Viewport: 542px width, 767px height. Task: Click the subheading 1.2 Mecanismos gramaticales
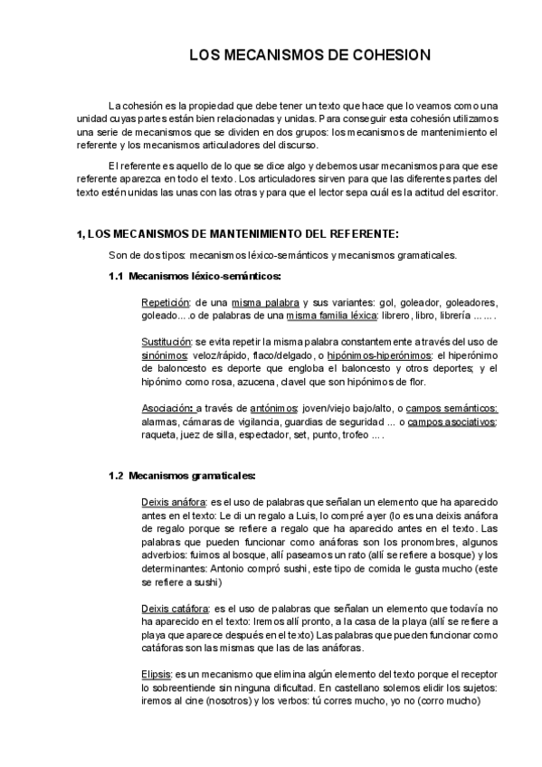[x=182, y=475]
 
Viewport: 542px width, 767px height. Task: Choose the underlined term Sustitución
[x=166, y=343]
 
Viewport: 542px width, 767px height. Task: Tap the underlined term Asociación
[x=166, y=408]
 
